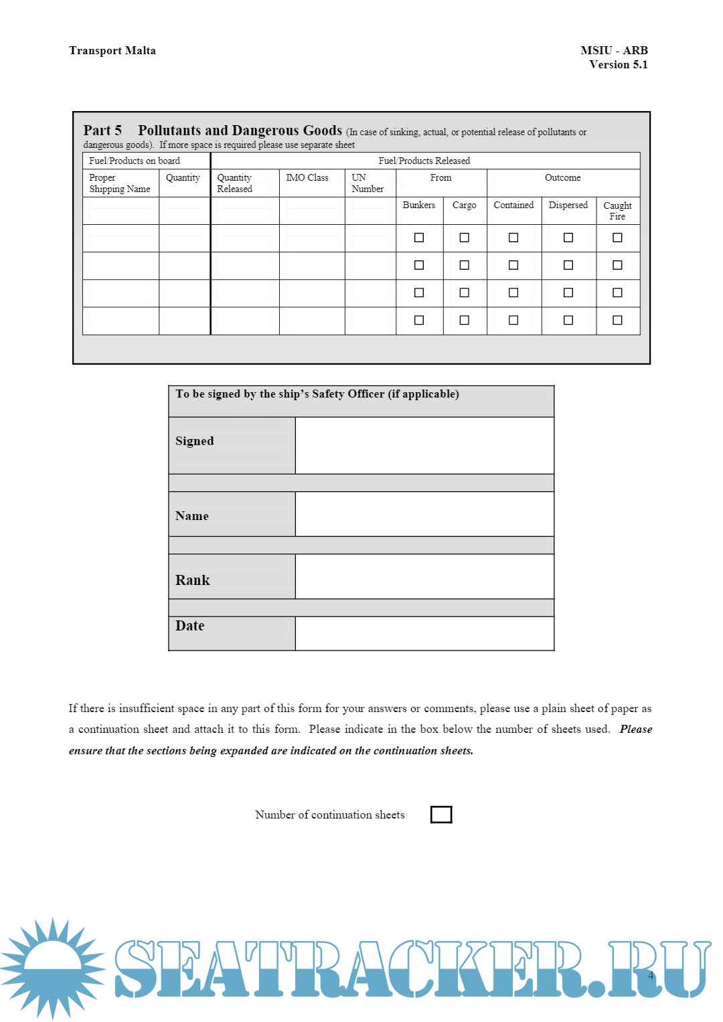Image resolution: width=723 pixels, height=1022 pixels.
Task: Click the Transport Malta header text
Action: tap(112, 51)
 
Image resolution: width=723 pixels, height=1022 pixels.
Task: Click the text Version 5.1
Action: tap(618, 65)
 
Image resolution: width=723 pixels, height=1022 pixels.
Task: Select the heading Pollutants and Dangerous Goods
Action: tap(240, 131)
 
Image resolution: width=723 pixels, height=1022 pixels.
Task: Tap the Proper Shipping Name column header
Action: tap(120, 183)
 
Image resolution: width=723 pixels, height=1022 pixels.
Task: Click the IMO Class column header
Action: tap(307, 178)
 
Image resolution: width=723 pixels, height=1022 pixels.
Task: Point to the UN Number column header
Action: tap(368, 183)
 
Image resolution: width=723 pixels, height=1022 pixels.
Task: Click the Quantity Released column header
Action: tap(235, 183)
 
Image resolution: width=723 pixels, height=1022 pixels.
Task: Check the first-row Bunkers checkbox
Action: tap(419, 238)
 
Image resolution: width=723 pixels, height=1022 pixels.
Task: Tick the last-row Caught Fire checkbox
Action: tap(617, 320)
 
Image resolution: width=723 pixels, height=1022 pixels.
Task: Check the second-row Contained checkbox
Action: tap(513, 265)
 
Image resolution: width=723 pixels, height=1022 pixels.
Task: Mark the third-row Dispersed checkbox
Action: tap(568, 292)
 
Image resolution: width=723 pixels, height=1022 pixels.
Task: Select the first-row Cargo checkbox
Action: tap(465, 238)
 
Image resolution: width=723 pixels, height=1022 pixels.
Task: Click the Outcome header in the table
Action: tap(562, 178)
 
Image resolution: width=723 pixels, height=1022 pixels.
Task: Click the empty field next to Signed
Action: tap(424, 445)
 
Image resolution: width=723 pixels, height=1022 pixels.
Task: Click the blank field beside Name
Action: tap(424, 514)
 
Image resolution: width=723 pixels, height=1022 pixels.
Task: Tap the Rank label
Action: tap(193, 580)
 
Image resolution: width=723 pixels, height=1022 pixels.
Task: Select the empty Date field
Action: tap(424, 633)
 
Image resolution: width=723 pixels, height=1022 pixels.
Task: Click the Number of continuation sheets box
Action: tap(441, 815)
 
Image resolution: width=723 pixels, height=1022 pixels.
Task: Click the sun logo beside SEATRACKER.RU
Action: tap(52, 968)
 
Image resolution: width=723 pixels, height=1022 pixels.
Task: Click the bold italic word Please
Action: tap(635, 730)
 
